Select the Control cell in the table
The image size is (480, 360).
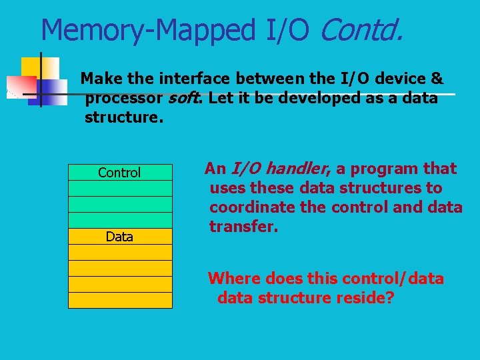119,173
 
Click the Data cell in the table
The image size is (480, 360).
119,237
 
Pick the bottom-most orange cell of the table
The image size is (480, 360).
119,300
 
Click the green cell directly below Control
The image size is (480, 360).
119,188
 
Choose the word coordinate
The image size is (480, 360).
251,207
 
